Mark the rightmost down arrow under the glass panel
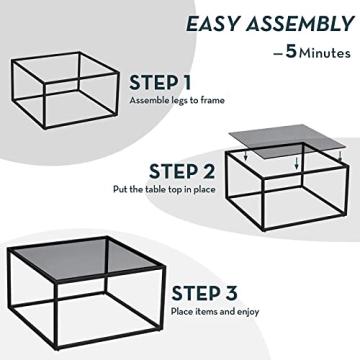pyautogui.click(x=341, y=155)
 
